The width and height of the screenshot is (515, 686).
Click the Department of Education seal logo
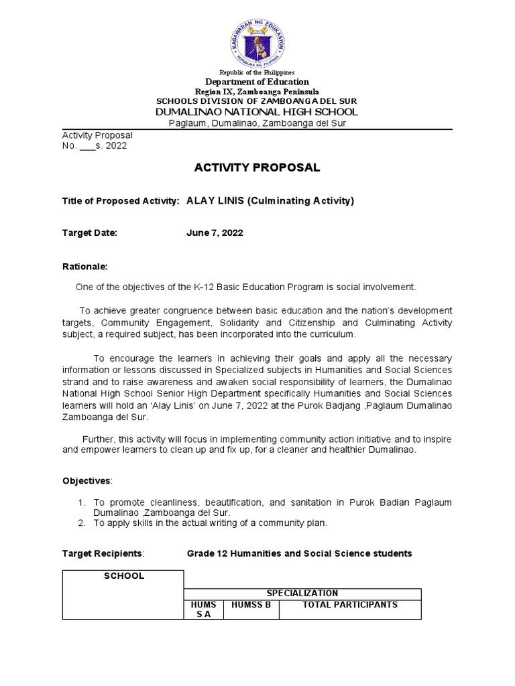(x=257, y=38)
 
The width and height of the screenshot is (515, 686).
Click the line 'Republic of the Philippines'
(x=257, y=72)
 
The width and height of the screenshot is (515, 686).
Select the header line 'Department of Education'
(x=257, y=82)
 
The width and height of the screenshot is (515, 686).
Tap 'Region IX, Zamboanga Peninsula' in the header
(x=257, y=91)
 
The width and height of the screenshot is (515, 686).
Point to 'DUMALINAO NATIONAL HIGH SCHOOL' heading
(x=257, y=111)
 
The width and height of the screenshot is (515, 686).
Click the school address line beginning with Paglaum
(x=257, y=123)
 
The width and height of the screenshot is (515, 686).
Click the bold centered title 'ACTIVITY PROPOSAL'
(x=257, y=168)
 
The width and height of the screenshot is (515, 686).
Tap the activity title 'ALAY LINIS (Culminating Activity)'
(x=270, y=201)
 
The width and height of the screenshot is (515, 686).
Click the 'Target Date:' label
(x=89, y=233)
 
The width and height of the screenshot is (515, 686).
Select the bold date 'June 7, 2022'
(x=215, y=233)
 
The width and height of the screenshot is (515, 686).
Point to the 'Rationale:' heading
(x=84, y=266)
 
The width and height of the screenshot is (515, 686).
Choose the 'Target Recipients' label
(x=102, y=553)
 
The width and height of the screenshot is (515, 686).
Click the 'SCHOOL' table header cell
(x=123, y=576)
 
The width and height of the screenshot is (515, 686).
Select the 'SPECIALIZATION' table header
(x=302, y=594)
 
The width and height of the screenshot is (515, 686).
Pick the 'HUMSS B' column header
(x=251, y=605)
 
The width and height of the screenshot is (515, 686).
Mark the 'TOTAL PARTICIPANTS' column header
(x=350, y=605)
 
